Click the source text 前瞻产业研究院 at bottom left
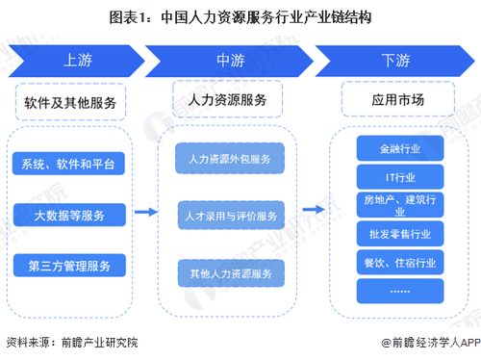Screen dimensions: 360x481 point(82,341)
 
